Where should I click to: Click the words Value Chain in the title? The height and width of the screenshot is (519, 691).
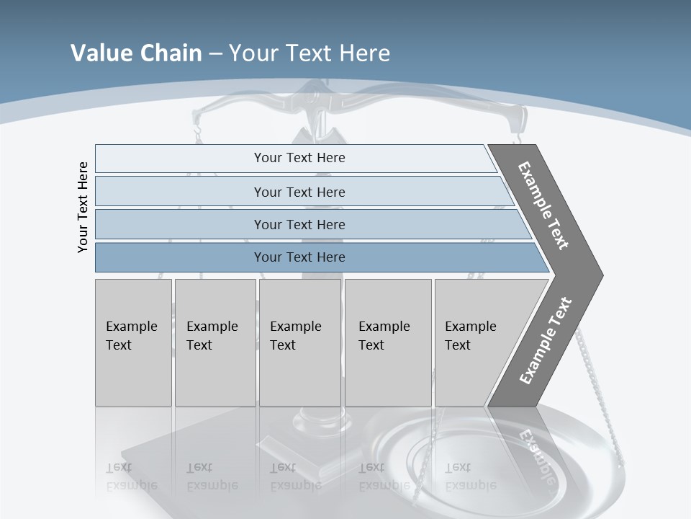(x=136, y=53)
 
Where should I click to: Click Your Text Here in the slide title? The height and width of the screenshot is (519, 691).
(x=310, y=53)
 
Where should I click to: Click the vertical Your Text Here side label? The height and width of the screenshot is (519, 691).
(x=83, y=208)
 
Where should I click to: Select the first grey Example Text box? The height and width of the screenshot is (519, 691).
(x=133, y=342)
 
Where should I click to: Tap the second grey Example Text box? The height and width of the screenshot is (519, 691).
(x=214, y=342)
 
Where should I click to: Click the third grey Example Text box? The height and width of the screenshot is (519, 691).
(x=299, y=342)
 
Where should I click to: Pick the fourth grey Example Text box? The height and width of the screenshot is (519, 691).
(x=387, y=342)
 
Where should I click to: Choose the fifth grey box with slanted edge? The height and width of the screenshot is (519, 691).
(x=475, y=342)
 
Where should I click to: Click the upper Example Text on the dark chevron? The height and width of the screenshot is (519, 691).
(x=543, y=205)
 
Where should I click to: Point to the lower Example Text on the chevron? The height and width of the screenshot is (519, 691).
(x=546, y=341)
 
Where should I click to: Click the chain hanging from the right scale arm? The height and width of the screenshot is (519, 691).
(x=592, y=360)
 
